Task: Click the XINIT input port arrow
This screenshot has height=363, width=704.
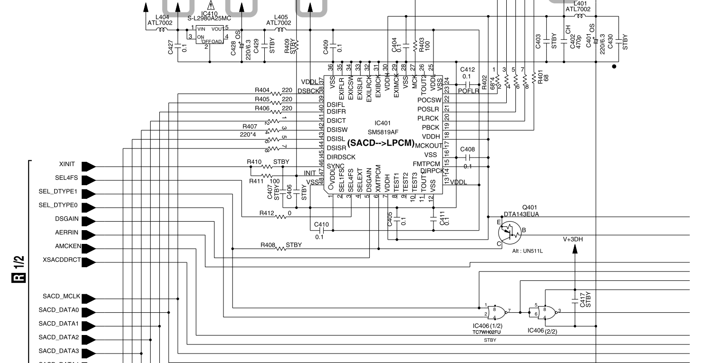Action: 88,167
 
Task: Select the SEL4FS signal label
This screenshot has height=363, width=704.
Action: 67,178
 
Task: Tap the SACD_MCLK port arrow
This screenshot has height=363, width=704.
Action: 88,298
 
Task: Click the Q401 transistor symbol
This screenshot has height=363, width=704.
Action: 510,232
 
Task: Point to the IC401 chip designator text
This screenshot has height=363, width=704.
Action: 382,123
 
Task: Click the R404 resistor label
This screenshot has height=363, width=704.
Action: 262,89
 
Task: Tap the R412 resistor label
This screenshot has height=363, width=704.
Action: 267,213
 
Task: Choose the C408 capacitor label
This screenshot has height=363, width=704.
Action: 468,149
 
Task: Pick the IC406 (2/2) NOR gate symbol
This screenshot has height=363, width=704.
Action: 547,312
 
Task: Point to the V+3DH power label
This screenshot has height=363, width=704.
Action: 573,240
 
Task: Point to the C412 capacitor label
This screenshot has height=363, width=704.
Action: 468,70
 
